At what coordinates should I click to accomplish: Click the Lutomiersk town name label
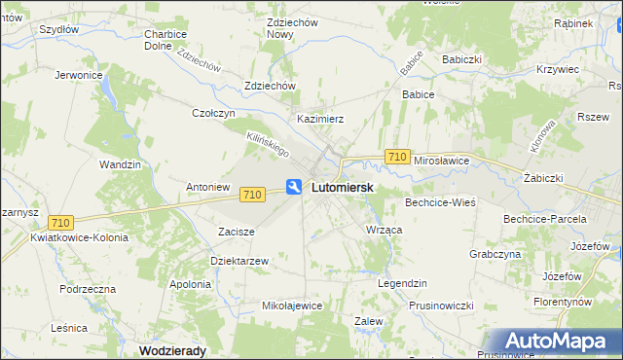pos(344,188)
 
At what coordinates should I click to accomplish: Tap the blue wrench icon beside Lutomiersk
pos(294,186)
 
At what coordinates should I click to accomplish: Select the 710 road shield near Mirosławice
pos(396,157)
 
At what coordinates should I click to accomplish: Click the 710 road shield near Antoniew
pos(252,195)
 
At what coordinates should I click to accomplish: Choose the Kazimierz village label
pos(321,119)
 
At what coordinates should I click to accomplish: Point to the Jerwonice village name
pos(80,75)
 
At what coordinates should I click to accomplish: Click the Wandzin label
pos(121,165)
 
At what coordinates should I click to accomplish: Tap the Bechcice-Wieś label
pos(440,202)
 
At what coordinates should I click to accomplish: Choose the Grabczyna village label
pos(495,254)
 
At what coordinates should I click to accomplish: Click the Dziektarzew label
pos(239,261)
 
